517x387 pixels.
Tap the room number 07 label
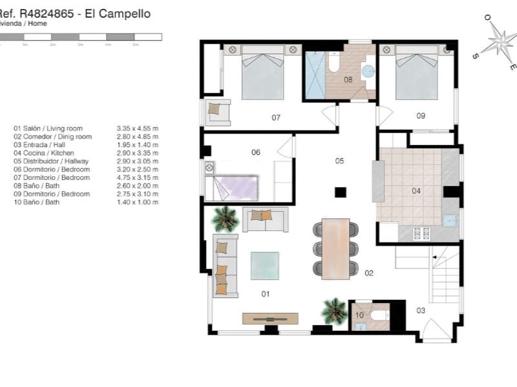[x=276, y=117]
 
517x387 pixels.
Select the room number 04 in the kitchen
[x=416, y=191]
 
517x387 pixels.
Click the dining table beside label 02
[x=335, y=249]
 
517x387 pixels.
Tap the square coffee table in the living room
[x=265, y=265]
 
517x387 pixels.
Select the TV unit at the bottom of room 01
[x=270, y=319]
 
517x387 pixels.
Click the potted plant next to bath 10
[x=334, y=311]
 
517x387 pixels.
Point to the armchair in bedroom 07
[x=218, y=112]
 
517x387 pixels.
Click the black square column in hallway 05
[x=340, y=192]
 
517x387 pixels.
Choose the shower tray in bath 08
[x=315, y=75]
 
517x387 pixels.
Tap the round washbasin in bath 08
[x=368, y=71]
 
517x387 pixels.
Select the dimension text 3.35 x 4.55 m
[x=138, y=128]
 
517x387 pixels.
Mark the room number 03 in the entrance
[x=421, y=311]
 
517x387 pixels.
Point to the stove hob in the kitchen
[x=421, y=234]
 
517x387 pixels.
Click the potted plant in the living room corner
[x=225, y=219]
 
